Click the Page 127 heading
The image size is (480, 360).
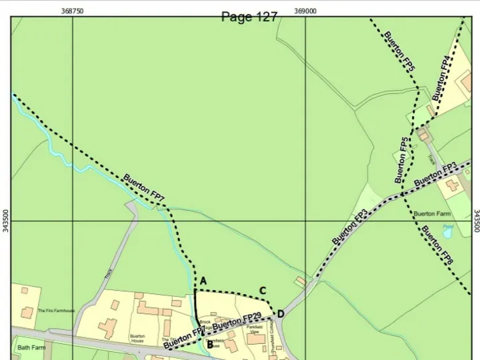(x=249, y=17)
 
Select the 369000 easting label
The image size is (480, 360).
(x=305, y=11)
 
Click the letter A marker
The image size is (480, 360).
(x=203, y=281)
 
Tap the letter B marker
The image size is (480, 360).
(x=209, y=344)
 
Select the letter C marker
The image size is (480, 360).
(x=263, y=291)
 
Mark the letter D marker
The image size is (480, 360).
(x=281, y=314)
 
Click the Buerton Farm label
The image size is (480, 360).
(x=433, y=214)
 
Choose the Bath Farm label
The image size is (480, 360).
(x=31, y=348)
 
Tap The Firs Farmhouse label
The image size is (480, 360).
(x=57, y=311)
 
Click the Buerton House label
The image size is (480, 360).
(x=137, y=338)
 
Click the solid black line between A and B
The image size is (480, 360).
(x=196, y=313)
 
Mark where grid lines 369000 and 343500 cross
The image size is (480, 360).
(x=305, y=221)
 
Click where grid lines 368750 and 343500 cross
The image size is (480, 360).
(x=72, y=221)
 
